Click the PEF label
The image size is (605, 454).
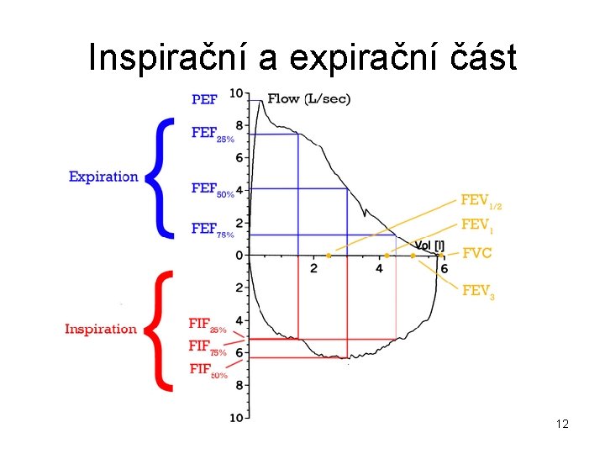click(x=204, y=99)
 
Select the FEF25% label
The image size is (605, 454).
click(x=213, y=134)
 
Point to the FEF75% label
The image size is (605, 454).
click(x=213, y=230)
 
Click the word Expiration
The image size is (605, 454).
click(x=103, y=177)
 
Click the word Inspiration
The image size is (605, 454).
click(x=100, y=329)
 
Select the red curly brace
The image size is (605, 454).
click(x=160, y=330)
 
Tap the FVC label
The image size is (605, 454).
click(x=476, y=253)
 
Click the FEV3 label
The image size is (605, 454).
click(x=478, y=291)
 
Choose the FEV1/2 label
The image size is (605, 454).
click(x=481, y=201)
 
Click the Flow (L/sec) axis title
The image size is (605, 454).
click(x=308, y=99)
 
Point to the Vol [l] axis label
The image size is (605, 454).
click(x=429, y=245)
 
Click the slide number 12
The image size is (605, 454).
click(x=562, y=424)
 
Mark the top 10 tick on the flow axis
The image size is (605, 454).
click(x=236, y=92)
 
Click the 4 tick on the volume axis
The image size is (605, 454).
click(x=379, y=267)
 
